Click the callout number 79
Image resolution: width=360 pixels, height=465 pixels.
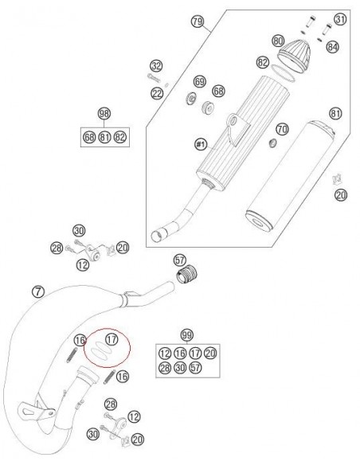pyautogui.click(x=198, y=21)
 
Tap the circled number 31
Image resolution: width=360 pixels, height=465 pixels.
pyautogui.click(x=340, y=19)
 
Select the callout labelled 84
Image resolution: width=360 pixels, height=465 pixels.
pyautogui.click(x=333, y=46)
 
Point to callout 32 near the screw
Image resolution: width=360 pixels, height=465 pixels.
pyautogui.click(x=156, y=65)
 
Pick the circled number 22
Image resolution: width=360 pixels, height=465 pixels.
pyautogui.click(x=157, y=93)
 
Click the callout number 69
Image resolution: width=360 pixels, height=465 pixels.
pyautogui.click(x=200, y=81)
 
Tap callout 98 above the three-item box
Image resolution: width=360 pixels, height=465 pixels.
pyautogui.click(x=104, y=114)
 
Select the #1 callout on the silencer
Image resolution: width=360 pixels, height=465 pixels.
pyautogui.click(x=201, y=144)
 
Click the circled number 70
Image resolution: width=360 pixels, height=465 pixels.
pyautogui.click(x=282, y=129)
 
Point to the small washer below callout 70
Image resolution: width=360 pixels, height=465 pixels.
pyautogui.click(x=272, y=143)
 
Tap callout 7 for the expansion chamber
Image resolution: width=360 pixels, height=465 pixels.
pyautogui.click(x=37, y=291)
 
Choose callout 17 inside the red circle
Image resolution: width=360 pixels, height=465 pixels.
pyautogui.click(x=112, y=339)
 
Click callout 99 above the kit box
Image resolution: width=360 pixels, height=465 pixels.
pyautogui.click(x=187, y=335)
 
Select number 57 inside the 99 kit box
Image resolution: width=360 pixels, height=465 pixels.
pyautogui.click(x=195, y=368)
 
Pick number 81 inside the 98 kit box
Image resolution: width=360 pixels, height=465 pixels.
pyautogui.click(x=104, y=137)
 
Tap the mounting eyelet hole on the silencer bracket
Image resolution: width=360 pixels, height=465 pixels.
pyautogui.click(x=235, y=121)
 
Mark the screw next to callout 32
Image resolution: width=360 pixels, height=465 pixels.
pyautogui.click(x=154, y=78)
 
